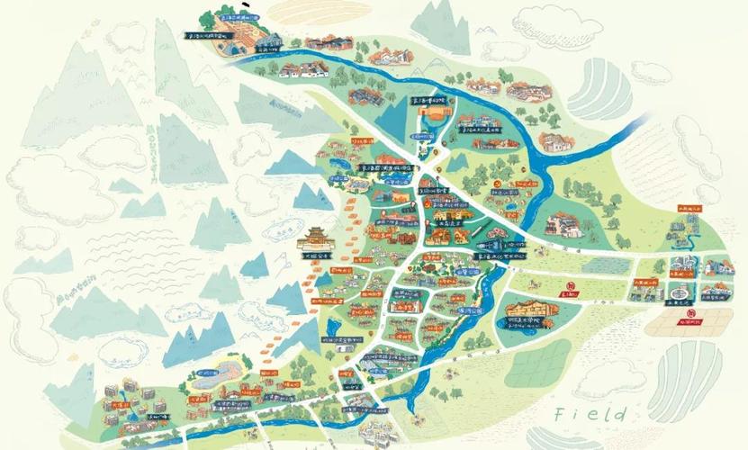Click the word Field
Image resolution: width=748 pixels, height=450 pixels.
pos(590,414)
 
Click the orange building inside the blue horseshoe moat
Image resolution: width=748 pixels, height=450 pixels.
pos(431,121)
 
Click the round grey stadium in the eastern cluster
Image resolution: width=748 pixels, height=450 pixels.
pos(680,295)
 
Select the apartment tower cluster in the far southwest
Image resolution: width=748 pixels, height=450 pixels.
pos(126,400)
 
